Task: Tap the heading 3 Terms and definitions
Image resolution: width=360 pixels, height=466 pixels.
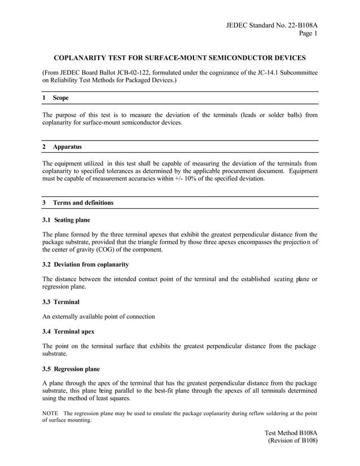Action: click(78, 203)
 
